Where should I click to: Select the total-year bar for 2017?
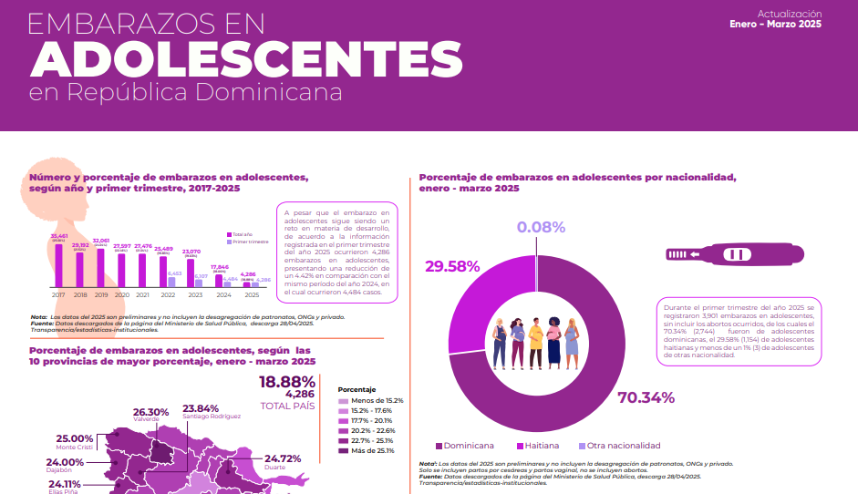[58, 265]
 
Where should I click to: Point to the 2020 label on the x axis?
[121, 295]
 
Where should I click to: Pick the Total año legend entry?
[243, 234]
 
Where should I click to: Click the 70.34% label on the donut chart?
[646, 397]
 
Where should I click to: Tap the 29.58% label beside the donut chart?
[452, 266]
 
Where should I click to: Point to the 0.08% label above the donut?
[541, 227]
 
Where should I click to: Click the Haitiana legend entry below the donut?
[540, 446]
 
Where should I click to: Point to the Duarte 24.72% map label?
[282, 460]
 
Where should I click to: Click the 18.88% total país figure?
[287, 381]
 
